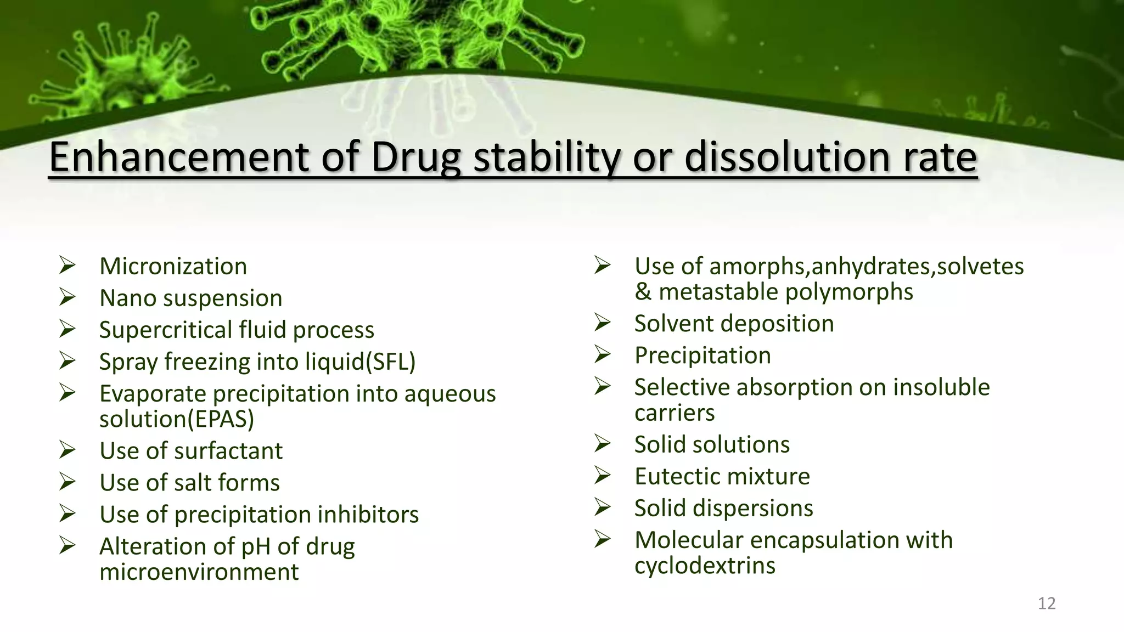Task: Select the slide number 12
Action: (x=1047, y=603)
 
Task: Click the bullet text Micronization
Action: (x=173, y=267)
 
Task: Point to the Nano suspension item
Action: (x=190, y=298)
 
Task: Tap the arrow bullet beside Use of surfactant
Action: (x=68, y=450)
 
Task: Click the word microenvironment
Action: (x=199, y=572)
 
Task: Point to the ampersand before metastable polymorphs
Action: (x=643, y=292)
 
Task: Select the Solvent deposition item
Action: (x=734, y=324)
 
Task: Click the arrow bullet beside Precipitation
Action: (x=602, y=355)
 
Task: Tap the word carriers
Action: (x=675, y=413)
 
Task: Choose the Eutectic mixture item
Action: (x=722, y=476)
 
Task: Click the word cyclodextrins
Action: (x=705, y=566)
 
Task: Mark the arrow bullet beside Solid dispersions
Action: (x=602, y=507)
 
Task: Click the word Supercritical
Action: (x=166, y=330)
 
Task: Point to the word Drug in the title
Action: (x=415, y=157)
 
